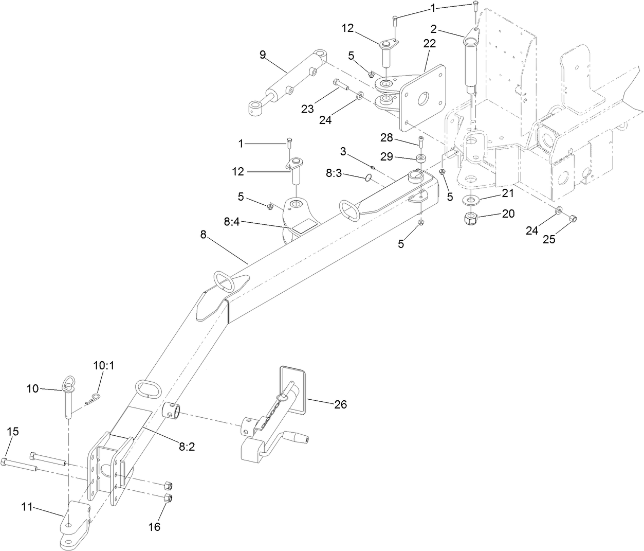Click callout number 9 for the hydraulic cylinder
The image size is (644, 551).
click(263, 55)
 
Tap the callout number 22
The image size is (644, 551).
click(429, 44)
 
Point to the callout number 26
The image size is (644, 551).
click(340, 405)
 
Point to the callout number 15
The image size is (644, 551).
click(13, 431)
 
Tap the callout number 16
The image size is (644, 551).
click(154, 527)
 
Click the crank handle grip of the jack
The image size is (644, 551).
click(297, 439)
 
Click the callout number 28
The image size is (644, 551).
click(387, 137)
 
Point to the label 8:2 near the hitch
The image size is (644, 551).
click(187, 447)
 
